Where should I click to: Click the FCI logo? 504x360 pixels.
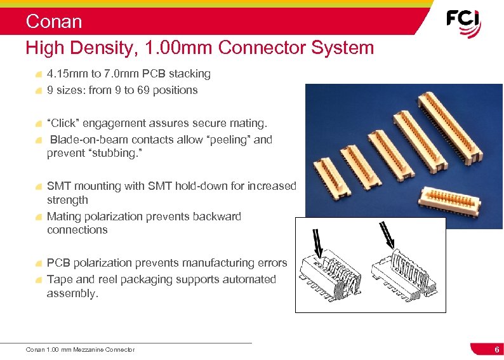[463, 23]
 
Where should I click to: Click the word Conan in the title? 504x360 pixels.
[54, 22]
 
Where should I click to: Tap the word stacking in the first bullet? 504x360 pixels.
[189, 74]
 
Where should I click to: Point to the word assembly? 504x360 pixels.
[72, 293]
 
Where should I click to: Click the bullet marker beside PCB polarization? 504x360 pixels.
[40, 263]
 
